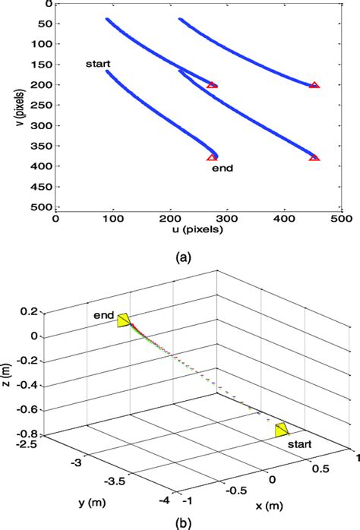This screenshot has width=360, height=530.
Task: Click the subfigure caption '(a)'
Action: coord(183,258)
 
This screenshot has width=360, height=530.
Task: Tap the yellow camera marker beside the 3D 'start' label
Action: coord(282,430)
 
